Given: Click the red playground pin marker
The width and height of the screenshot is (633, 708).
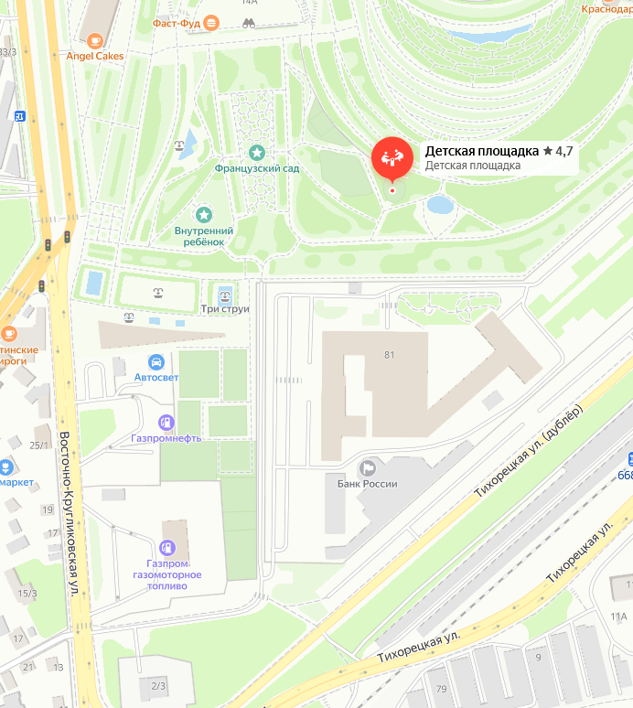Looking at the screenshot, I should [392, 158].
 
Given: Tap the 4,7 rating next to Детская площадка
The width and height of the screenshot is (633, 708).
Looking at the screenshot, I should [563, 151].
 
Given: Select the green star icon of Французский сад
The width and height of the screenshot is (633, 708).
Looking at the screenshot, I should [257, 152].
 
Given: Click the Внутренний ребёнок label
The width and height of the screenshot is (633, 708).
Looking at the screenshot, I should [204, 236].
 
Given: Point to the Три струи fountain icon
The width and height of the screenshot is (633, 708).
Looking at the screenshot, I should [225, 293].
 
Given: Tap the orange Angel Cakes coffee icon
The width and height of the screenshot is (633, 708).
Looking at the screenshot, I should [95, 40].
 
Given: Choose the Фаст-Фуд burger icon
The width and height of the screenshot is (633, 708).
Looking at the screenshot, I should [212, 22].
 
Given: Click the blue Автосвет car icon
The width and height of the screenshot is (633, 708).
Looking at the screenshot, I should [156, 361].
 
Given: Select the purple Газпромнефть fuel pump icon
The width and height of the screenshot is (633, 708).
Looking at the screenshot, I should [166, 422].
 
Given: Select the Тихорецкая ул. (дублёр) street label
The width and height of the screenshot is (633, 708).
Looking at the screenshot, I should [526, 453].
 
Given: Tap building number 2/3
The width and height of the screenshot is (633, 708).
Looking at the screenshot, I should [158, 685].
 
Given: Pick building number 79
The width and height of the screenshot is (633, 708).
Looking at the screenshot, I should [442, 689].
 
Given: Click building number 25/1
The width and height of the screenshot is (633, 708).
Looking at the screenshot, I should [39, 445].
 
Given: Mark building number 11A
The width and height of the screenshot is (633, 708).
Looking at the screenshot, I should [618, 617].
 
